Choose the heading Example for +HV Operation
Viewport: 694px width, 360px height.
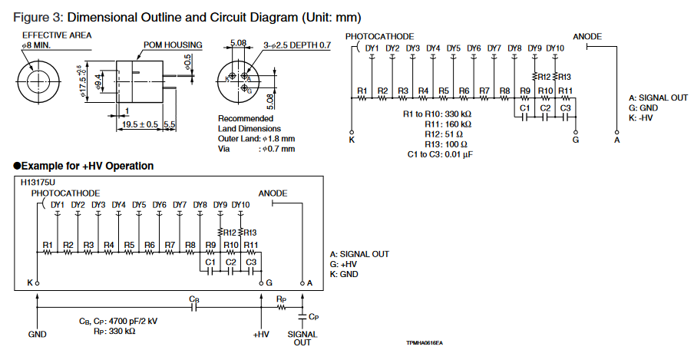pos(88,167)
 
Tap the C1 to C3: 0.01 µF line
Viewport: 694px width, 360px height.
pos(440,154)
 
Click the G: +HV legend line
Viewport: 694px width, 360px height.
pos(345,264)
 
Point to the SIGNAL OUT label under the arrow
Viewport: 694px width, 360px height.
pos(302,339)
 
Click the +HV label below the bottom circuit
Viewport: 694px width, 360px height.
pos(262,335)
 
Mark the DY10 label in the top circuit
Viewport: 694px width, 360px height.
pos(555,49)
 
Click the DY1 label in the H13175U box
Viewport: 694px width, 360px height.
pos(58,205)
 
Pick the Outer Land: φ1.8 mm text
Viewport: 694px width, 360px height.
pos(256,139)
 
